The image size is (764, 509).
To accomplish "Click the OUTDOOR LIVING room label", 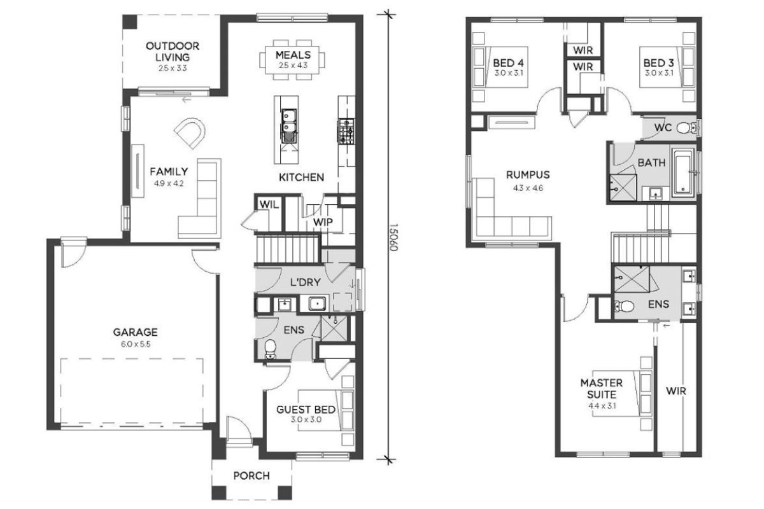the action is (173, 52).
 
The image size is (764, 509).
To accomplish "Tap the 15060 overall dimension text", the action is (393, 237).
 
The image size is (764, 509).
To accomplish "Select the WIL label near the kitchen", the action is (269, 205).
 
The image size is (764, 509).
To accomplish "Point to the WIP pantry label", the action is (323, 222).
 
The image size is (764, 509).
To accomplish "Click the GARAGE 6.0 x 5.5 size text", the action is (136, 344).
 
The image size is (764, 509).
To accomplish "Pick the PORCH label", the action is (251, 475).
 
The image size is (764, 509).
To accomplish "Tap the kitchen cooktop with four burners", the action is (346, 131).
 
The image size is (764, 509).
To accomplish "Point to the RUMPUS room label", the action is (528, 175).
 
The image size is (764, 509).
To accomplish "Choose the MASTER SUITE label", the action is (602, 389).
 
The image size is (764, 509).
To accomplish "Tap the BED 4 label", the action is (508, 63).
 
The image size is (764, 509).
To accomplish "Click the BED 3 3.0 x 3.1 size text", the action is (659, 73).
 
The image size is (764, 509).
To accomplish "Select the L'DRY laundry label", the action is (306, 282).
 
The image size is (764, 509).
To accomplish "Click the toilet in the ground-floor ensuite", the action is (271, 348).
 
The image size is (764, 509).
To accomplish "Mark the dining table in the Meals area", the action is (292, 60).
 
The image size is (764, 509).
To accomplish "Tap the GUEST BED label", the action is (306, 410).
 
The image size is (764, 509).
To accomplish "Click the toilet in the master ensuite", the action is (623, 306).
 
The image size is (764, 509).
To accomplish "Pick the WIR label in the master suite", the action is (676, 391).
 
